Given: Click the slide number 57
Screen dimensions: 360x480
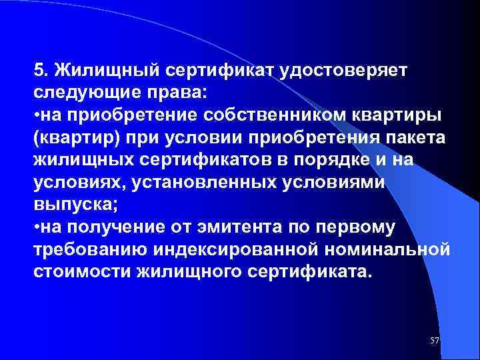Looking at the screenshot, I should point(435,341).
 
